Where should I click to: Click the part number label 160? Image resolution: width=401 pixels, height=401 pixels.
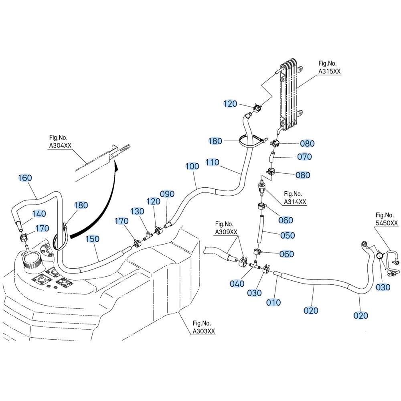(25, 178)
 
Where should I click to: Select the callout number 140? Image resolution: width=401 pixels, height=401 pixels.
(39, 214)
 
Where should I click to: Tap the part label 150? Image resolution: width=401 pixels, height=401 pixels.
(93, 239)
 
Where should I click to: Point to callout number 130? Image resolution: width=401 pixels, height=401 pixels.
(137, 211)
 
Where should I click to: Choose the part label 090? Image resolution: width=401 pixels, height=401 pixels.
(167, 194)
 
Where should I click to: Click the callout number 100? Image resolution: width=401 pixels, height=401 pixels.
(192, 166)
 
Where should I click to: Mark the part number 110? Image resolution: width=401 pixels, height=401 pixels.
(212, 162)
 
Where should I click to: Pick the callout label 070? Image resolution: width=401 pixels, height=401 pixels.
(305, 157)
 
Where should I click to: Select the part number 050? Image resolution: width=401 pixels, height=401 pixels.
(288, 235)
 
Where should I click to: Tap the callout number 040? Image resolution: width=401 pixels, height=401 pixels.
(237, 284)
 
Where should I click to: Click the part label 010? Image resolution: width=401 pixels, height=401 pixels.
(274, 302)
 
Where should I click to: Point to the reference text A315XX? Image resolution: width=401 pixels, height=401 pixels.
(330, 71)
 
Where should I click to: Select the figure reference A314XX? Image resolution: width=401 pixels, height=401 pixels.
(295, 202)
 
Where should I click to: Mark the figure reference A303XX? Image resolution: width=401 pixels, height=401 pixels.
(204, 331)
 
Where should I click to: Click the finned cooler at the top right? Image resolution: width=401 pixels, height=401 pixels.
(290, 94)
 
